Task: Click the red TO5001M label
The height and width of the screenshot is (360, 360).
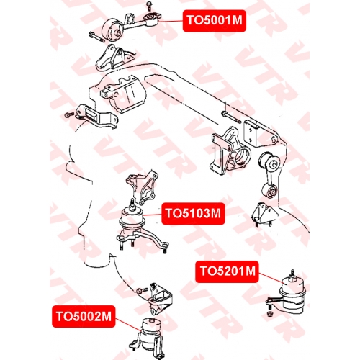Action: [215, 21]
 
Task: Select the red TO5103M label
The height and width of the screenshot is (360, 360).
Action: [193, 214]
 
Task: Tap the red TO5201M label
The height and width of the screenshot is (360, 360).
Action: [227, 271]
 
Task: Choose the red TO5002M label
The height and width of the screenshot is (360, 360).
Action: [84, 317]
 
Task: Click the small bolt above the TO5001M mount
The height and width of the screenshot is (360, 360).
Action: [150, 6]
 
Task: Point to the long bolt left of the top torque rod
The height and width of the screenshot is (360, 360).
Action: [96, 37]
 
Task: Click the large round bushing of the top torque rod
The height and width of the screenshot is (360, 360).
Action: [112, 30]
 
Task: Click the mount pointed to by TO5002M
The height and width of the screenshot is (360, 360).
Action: [151, 334]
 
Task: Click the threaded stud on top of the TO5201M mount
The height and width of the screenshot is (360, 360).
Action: [292, 276]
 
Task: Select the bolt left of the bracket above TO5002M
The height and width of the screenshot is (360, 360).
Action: [141, 291]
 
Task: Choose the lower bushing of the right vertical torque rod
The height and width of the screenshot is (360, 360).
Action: [270, 192]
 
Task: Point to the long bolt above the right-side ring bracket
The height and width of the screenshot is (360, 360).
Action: [232, 117]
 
